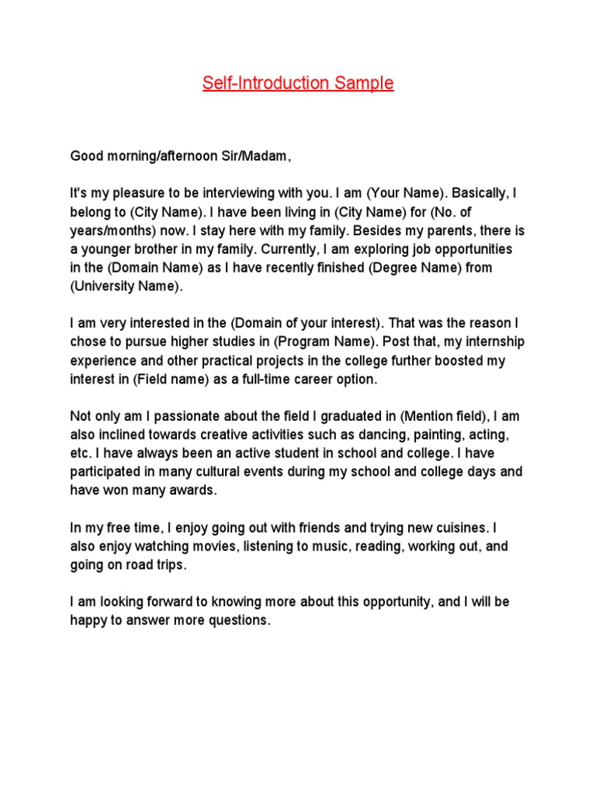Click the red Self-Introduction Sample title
[x=298, y=83]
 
